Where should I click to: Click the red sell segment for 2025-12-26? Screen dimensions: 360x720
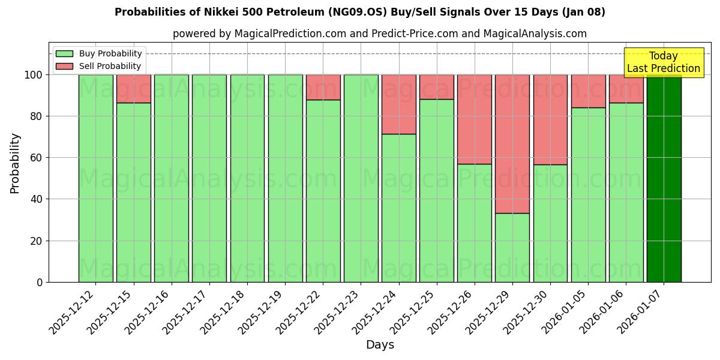[475, 119]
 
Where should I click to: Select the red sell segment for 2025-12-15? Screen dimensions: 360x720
[134, 88]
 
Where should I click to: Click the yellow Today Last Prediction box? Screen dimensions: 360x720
[664, 62]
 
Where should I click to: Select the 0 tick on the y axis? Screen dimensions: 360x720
[40, 282]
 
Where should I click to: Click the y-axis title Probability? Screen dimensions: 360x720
[15, 163]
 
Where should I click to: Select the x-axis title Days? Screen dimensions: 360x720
[380, 345]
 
